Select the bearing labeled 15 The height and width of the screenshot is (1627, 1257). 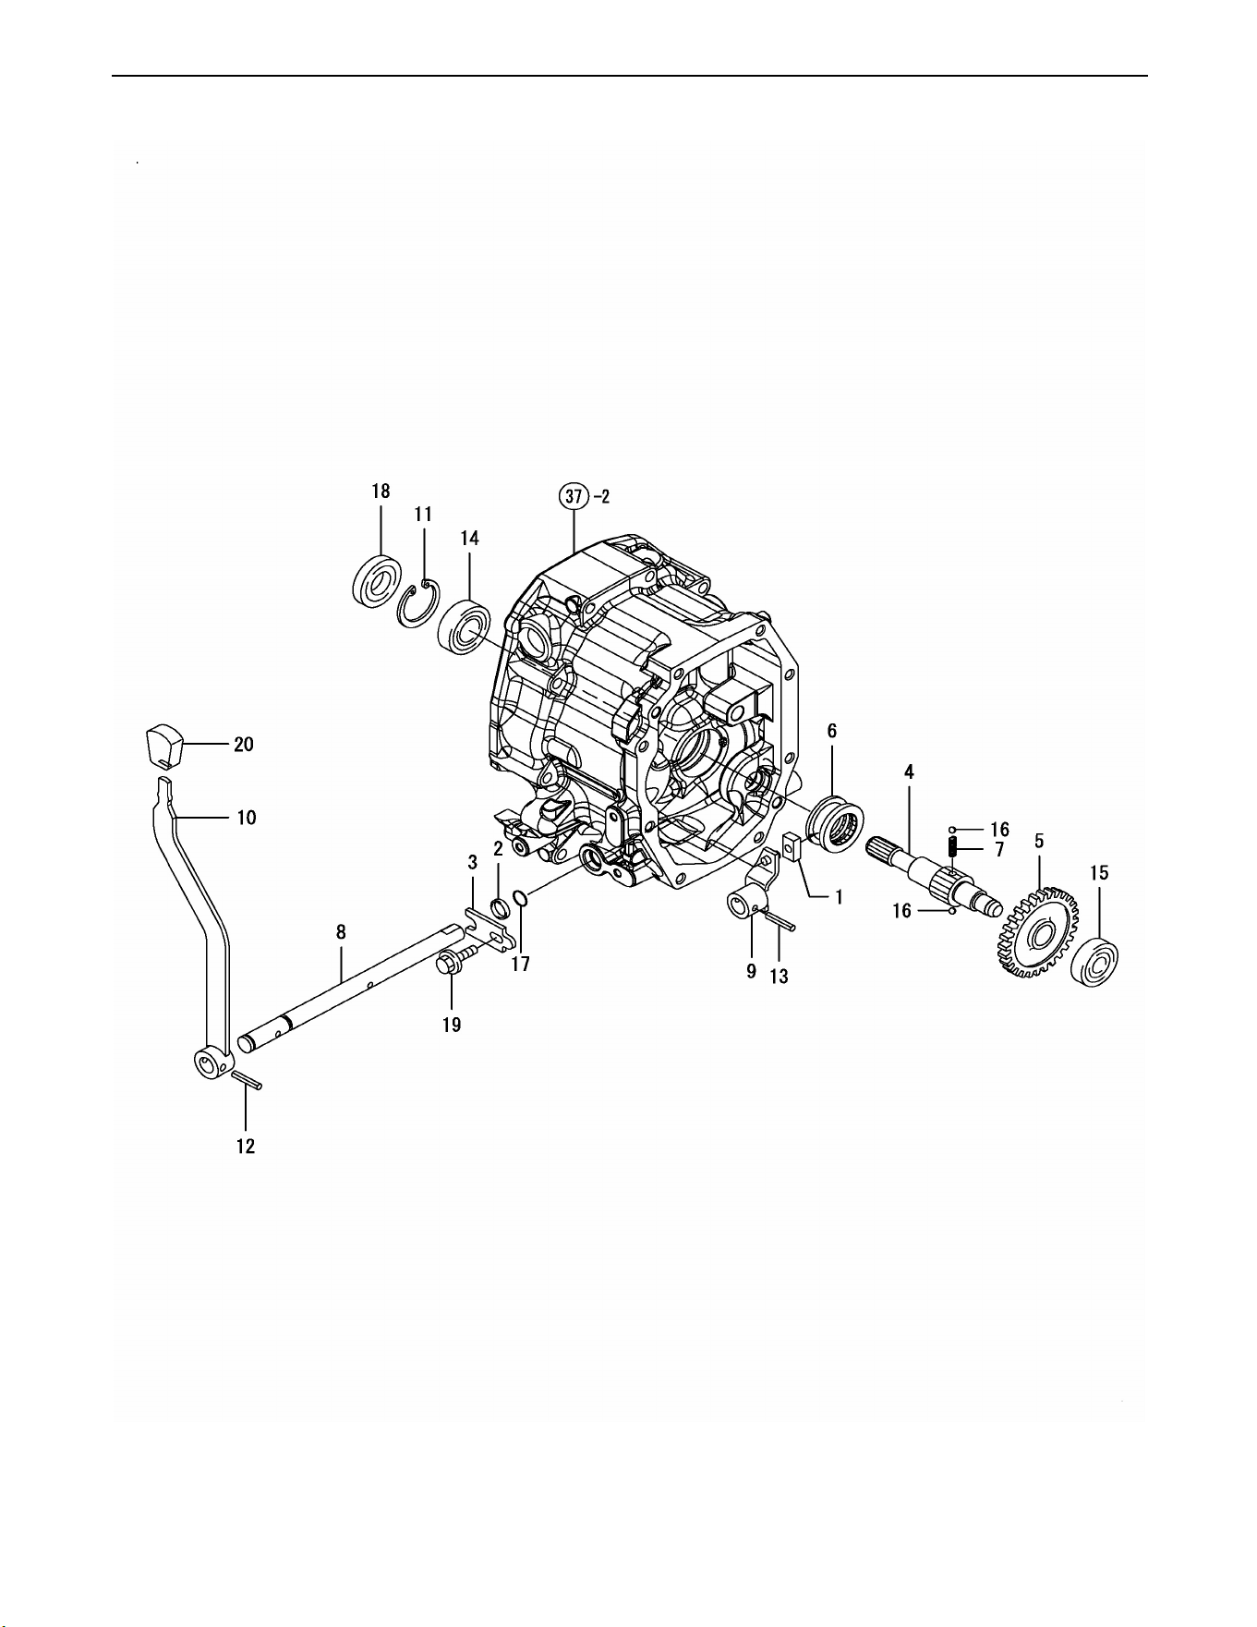1094,962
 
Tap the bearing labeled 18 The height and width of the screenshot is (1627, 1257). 377,580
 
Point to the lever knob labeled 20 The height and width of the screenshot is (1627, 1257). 164,746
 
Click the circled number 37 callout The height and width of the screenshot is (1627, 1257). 574,496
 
